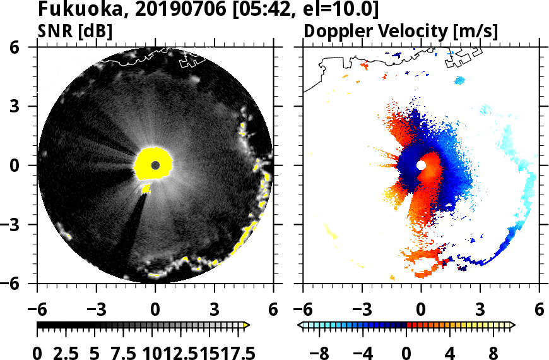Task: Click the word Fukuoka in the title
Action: tap(73, 9)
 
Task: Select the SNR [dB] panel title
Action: tap(75, 30)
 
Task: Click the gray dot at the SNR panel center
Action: tap(155, 165)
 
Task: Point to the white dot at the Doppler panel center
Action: tap(421, 165)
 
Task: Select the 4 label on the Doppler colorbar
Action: tap(449, 351)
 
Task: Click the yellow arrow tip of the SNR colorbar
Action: tap(247, 325)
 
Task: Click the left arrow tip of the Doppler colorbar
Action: tap(300, 325)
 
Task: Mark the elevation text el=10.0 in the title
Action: tap(341, 9)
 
